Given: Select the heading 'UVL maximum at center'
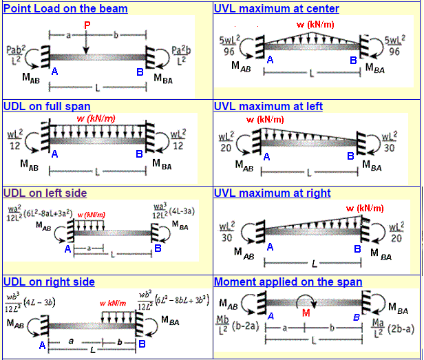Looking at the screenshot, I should click(x=276, y=8).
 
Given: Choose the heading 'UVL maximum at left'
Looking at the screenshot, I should click(x=268, y=106).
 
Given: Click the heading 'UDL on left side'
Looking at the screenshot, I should click(x=45, y=193).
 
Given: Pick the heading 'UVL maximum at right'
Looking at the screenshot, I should click(x=272, y=193).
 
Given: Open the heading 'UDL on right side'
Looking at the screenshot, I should click(x=49, y=282).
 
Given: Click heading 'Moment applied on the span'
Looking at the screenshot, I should click(x=288, y=282).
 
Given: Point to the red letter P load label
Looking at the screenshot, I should click(x=87, y=25).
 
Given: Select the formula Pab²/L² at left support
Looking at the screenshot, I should click(x=17, y=55).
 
